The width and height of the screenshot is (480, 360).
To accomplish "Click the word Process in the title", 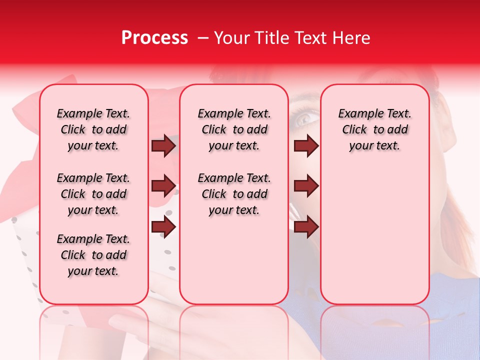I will point(154,38).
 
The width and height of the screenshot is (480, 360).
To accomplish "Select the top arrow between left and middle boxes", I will point(163,145).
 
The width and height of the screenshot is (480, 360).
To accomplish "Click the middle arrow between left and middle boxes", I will point(163,186).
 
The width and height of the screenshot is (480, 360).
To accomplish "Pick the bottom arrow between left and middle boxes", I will point(163,227).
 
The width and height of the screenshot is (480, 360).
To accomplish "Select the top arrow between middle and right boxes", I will point(306,145).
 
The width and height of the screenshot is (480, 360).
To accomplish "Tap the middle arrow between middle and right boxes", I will point(306,186).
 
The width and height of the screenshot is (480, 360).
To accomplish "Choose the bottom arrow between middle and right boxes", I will point(306,227).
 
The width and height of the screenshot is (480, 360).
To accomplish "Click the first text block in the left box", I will point(93,129).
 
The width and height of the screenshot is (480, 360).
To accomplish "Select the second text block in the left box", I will point(93,194).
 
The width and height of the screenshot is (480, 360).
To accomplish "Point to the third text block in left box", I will point(93,255).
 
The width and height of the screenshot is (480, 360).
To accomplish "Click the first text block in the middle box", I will point(234,129).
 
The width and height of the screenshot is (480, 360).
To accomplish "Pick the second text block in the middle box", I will point(234,194).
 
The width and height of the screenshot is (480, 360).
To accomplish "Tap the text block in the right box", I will point(375,129).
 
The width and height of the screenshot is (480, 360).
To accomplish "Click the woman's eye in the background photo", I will point(304,119).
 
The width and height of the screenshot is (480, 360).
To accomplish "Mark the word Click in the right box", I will point(354,130).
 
